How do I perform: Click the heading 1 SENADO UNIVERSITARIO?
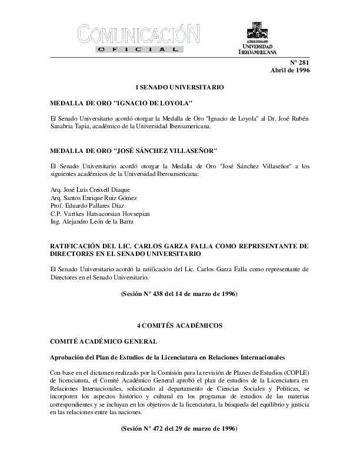click(179, 86)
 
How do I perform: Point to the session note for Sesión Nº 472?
click(179, 429)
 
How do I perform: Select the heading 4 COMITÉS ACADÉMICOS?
click(179, 324)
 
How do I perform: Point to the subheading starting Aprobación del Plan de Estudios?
click(168, 357)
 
